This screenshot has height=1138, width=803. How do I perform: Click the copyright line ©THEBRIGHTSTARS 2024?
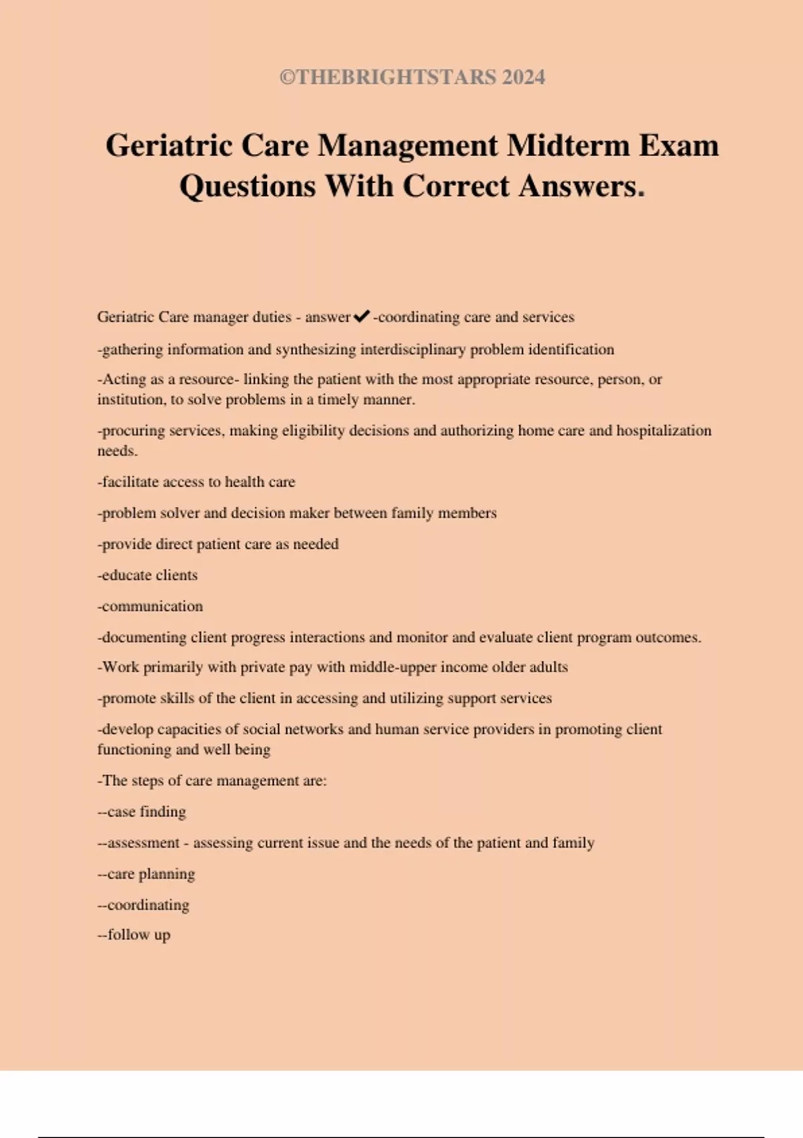coord(412,77)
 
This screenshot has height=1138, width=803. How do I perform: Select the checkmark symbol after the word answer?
coord(361,316)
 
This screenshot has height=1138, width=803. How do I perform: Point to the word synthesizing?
coord(315,349)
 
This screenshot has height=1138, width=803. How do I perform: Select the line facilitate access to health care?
coord(196,482)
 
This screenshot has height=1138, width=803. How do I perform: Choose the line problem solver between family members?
coord(297,513)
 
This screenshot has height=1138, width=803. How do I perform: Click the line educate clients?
coord(148,575)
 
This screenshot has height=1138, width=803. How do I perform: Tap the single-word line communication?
coord(151,606)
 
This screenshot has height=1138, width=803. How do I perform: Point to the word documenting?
coord(143,637)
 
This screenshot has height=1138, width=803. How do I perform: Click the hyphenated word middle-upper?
coord(395,667)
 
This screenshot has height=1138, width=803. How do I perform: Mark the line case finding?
coord(142,812)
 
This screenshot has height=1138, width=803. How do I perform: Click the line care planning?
coord(147,874)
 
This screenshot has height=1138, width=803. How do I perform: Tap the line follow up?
coord(135,935)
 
